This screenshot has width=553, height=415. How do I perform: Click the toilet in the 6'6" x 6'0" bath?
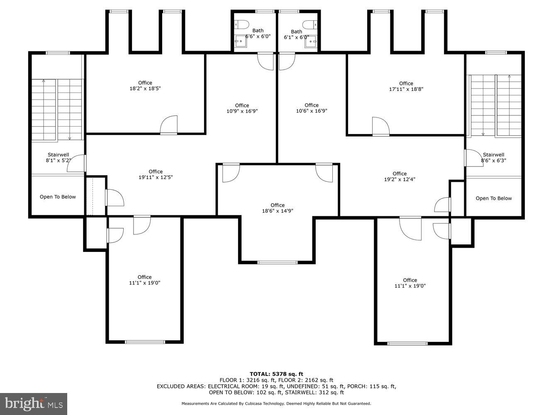tap(241, 23)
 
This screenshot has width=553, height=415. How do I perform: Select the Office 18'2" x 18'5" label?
tap(145, 85)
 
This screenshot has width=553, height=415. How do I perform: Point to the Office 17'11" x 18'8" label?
tap(406, 86)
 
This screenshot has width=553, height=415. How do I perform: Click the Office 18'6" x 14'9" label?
tap(277, 208)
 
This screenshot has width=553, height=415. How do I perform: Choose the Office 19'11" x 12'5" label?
tap(156, 174)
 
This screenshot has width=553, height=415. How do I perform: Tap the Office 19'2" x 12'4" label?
tap(399, 176)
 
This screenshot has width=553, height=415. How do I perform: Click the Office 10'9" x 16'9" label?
tap(242, 108)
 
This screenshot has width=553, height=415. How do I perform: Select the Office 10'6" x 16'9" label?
tap(311, 108)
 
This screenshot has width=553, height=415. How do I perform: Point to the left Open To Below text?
tap(58, 197)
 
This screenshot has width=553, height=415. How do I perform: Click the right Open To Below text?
tap(493, 198)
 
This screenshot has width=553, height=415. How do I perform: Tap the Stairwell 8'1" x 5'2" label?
tap(58, 157)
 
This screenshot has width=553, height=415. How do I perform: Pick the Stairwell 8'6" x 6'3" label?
tap(493, 157)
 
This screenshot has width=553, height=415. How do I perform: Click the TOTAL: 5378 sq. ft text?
tap(276, 374)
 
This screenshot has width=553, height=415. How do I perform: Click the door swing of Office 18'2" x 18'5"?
tap(169, 124)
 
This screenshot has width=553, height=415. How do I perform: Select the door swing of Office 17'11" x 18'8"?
tap(380, 126)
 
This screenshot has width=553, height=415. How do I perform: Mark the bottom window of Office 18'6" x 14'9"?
tap(277, 262)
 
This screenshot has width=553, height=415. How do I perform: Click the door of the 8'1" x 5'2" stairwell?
tap(77, 164)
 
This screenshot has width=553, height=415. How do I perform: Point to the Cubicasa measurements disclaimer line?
tap(276, 403)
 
